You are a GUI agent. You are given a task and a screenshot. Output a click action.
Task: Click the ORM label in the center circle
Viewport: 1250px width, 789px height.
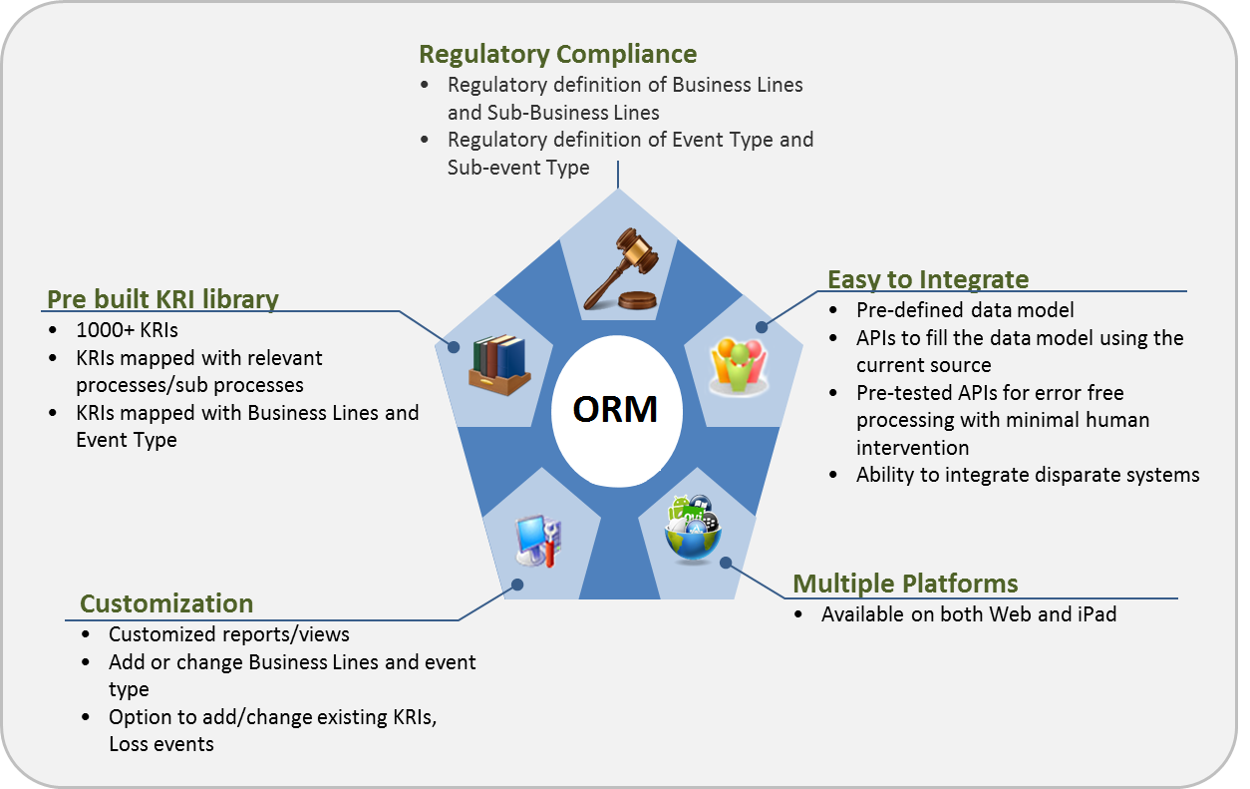point(615,410)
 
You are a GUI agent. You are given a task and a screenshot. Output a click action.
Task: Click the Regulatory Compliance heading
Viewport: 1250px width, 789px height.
point(557,54)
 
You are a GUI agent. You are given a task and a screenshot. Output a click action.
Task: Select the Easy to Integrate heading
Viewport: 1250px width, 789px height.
point(928,279)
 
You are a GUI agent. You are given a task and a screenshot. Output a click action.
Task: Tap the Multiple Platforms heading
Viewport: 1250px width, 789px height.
point(905,584)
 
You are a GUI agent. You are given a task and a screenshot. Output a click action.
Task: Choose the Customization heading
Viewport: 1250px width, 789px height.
point(166,604)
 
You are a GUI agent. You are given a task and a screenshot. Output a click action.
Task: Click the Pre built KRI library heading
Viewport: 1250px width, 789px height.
point(162,299)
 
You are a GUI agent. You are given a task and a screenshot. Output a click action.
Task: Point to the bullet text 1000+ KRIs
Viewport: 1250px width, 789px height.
point(127,329)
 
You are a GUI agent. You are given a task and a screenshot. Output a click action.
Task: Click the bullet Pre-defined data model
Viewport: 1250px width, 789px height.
point(965,310)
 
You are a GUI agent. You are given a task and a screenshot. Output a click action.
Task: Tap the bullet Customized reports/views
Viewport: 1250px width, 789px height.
point(228,634)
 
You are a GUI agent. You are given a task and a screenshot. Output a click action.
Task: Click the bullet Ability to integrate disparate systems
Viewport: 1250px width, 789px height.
point(1027,475)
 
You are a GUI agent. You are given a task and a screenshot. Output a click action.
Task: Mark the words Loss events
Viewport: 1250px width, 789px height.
point(161,744)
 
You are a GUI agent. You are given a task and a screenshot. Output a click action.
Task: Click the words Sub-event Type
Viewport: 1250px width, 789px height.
point(518,168)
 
